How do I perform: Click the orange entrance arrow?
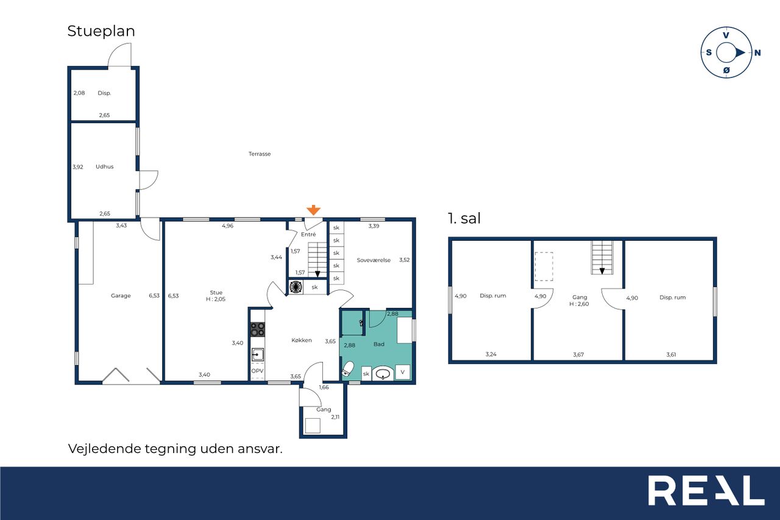(313, 210)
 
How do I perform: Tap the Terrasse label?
(260, 154)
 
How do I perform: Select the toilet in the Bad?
(347, 369)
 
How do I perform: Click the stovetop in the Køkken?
(258, 329)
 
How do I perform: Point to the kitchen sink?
(258, 355)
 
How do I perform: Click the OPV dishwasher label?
(257, 371)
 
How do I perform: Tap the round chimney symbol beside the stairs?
(296, 287)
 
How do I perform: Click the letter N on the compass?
(757, 53)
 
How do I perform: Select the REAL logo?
(706, 490)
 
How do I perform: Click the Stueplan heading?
(101, 31)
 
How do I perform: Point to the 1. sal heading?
(464, 218)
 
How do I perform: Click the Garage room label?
(121, 296)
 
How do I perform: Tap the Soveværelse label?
(374, 260)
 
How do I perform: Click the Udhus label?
(104, 166)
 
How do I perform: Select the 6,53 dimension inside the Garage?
(154, 296)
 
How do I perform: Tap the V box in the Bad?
(403, 372)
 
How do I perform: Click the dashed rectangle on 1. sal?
(544, 266)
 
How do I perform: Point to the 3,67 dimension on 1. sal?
(578, 355)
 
